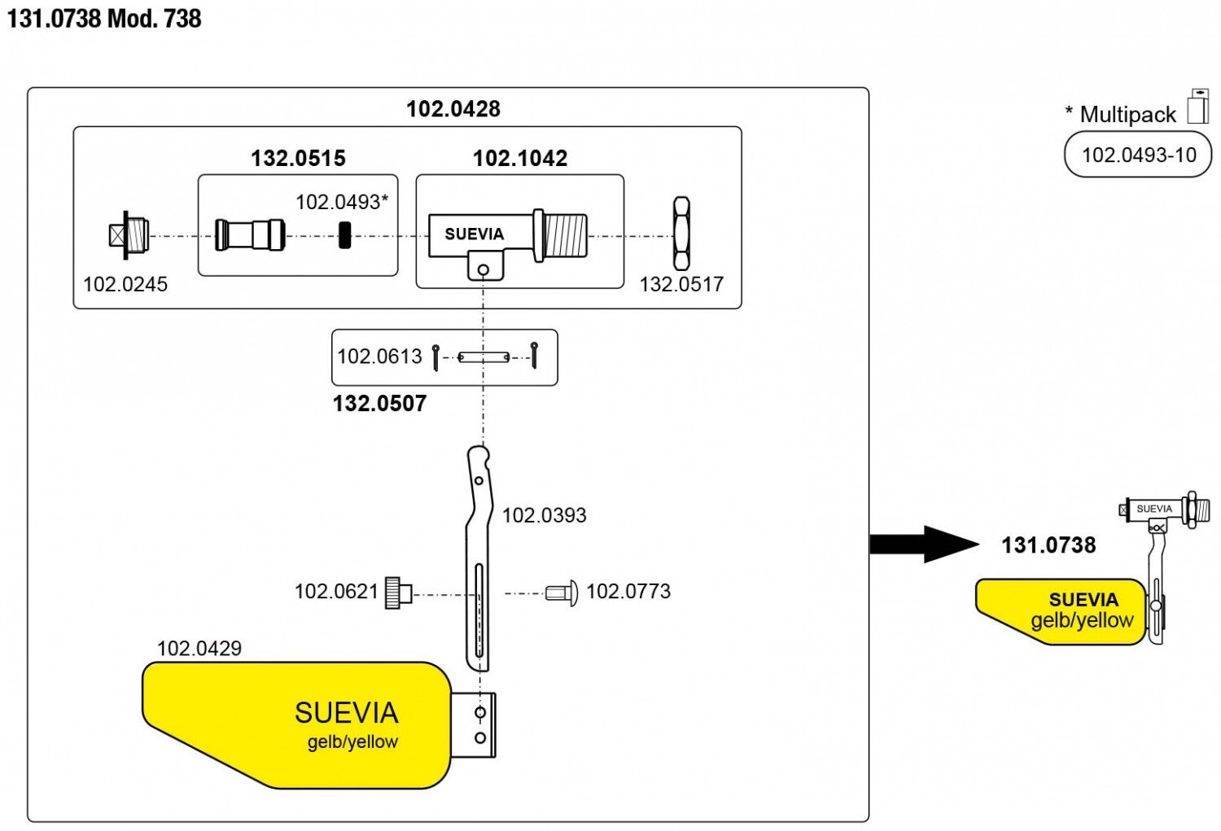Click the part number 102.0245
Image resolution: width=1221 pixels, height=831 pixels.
[x=125, y=284]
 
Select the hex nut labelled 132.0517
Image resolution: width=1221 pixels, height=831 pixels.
[x=682, y=234]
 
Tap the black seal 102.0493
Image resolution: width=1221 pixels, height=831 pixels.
[x=344, y=234]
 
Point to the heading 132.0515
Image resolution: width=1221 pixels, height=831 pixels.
[x=298, y=158]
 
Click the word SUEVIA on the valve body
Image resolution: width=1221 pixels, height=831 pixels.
[x=474, y=234]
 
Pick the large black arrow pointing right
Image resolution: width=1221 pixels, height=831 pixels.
[x=923, y=544]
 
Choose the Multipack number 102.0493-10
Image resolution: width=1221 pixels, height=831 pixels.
[x=1138, y=155]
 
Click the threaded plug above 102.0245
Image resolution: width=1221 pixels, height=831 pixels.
[x=129, y=234]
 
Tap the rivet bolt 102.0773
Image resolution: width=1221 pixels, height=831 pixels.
[x=562, y=592]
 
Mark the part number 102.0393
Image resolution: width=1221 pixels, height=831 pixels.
[x=544, y=515]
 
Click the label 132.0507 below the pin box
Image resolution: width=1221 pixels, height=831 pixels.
[x=379, y=404]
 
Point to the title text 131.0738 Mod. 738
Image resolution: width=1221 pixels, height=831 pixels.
[x=104, y=19]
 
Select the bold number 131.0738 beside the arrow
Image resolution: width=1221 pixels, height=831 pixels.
[x=1048, y=545]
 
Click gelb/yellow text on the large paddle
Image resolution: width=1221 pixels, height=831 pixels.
[x=352, y=742]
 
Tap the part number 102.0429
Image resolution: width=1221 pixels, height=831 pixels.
[x=199, y=649]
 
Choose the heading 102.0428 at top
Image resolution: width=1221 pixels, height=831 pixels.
[x=453, y=109]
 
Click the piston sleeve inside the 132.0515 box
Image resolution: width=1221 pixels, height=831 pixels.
[x=250, y=234]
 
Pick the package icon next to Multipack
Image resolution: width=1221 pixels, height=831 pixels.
[x=1198, y=107]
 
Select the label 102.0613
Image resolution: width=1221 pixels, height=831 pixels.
[x=379, y=356]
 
